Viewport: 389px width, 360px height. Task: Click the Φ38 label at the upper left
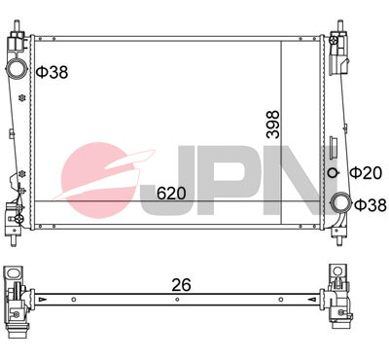point(52,72)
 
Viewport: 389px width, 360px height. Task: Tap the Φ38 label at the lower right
point(371,204)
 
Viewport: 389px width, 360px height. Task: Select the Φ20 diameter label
point(366,173)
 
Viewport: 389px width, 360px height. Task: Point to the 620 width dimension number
point(171,194)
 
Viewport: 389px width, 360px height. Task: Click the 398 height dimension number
point(272,125)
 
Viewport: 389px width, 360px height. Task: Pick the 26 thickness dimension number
point(181,285)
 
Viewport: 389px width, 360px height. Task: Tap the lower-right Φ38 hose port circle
point(340,203)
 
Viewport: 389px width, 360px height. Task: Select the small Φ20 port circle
point(333,173)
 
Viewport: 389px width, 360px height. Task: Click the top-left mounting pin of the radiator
point(17,25)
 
